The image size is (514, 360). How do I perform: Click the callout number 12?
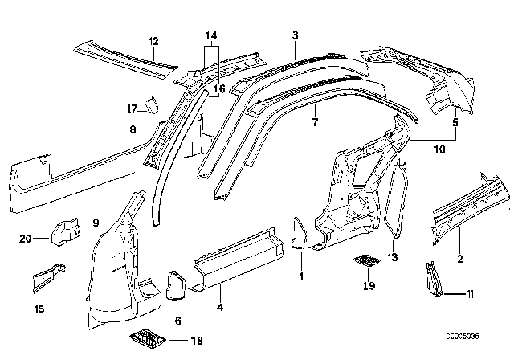153,41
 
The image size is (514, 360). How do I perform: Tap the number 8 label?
133,128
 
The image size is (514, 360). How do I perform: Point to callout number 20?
24,238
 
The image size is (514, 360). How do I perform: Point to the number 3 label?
295,35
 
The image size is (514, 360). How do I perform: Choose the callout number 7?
315,123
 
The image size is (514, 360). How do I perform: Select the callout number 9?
96,222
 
